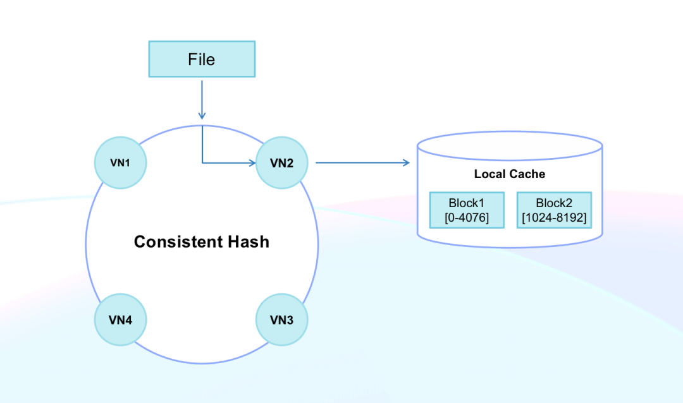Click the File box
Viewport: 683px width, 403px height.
click(x=202, y=59)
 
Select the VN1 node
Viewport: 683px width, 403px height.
click(x=120, y=162)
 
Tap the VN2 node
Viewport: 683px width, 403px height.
click(x=281, y=162)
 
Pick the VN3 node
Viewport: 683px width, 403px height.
click(x=281, y=320)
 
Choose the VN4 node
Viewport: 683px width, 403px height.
click(x=120, y=320)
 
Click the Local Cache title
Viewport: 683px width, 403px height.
click(x=510, y=174)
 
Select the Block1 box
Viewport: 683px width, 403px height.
click(x=467, y=210)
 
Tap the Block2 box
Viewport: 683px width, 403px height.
click(x=554, y=210)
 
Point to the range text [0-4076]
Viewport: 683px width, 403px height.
click(x=467, y=217)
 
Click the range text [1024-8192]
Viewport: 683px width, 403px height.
click(x=554, y=217)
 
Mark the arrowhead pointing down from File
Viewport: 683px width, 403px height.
click(x=202, y=116)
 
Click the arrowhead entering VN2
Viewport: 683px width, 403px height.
click(x=252, y=163)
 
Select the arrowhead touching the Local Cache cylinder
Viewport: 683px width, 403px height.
click(x=407, y=163)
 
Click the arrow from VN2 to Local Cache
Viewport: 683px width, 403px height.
click(x=360, y=163)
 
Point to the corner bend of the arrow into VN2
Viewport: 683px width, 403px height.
click(x=202, y=163)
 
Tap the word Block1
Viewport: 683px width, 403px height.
click(x=467, y=203)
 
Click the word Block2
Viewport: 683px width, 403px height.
click(x=554, y=203)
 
